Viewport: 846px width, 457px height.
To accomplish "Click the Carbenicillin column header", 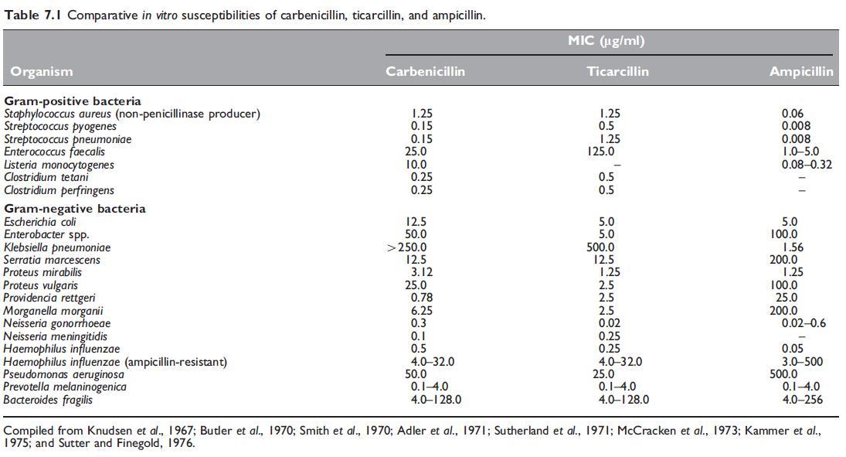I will click(x=425, y=71).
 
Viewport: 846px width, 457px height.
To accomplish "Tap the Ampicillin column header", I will click(x=800, y=71).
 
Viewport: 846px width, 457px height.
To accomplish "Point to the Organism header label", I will click(x=42, y=71).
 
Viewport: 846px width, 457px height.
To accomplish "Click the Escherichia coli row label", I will click(x=40, y=222).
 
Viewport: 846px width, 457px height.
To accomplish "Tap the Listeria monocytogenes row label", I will click(x=59, y=165).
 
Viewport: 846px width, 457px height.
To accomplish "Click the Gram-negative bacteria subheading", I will click(x=74, y=209).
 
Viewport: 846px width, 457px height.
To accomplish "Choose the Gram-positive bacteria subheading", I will click(x=73, y=101).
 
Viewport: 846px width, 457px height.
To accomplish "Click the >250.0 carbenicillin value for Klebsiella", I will click(x=406, y=247).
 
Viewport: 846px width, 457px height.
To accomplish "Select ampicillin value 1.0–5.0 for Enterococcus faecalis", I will click(x=800, y=152).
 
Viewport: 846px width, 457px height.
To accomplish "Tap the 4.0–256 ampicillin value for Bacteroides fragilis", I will click(x=801, y=400).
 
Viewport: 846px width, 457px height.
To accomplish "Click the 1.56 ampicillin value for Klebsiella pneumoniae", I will click(x=795, y=247).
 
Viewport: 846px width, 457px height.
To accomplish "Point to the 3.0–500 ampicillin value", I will click(x=802, y=362).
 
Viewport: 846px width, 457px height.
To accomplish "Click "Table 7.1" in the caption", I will click(x=32, y=15).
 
